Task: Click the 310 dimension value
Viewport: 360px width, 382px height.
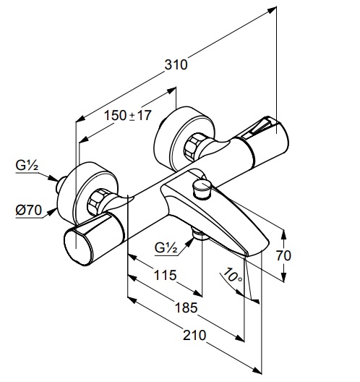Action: [176, 65]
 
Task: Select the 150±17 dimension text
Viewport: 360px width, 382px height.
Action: [127, 115]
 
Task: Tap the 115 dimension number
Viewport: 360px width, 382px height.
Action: [165, 276]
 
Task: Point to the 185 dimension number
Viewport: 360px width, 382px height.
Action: [187, 307]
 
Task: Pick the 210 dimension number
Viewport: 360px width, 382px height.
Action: [194, 335]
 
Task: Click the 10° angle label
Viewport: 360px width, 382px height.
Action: [233, 276]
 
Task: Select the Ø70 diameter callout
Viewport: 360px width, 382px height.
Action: [29, 210]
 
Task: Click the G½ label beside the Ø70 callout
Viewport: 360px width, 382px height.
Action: [27, 166]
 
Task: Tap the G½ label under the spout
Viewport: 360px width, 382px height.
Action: [166, 248]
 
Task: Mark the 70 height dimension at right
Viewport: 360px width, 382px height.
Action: [283, 255]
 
